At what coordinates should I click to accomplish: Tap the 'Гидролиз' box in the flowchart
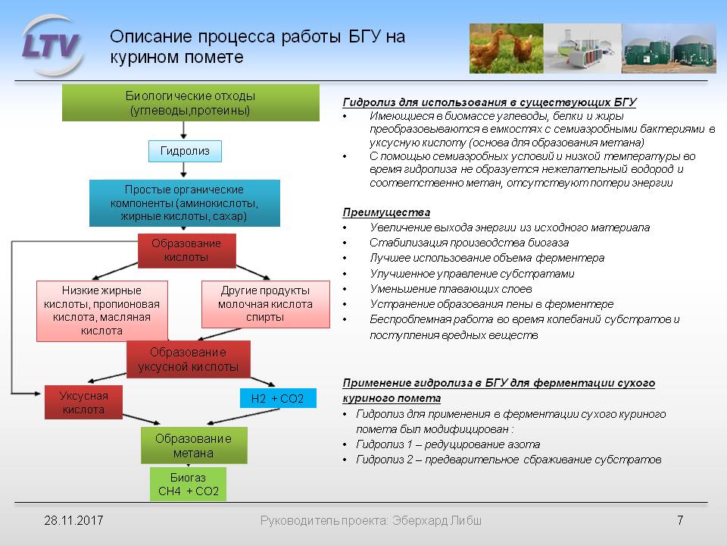pyautogui.click(x=185, y=151)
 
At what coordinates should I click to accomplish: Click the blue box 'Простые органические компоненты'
pyautogui.click(x=185, y=202)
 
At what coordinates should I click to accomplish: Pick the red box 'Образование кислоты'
pyautogui.click(x=186, y=249)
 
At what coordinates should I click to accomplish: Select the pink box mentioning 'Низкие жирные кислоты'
pyautogui.click(x=102, y=311)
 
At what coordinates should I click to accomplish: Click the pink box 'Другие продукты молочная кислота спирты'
pyautogui.click(x=266, y=304)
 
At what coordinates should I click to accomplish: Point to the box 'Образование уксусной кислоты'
pyautogui.click(x=188, y=359)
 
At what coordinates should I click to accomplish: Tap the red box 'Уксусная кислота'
pyautogui.click(x=84, y=403)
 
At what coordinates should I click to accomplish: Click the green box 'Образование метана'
pyautogui.click(x=194, y=446)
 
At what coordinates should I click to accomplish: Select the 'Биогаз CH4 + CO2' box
pyautogui.click(x=188, y=485)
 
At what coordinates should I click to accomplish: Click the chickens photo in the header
pyautogui.click(x=505, y=48)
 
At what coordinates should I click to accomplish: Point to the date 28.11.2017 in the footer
pyautogui.click(x=73, y=521)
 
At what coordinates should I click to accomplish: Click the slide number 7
pyautogui.click(x=680, y=521)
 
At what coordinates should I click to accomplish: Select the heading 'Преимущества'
pyautogui.click(x=386, y=212)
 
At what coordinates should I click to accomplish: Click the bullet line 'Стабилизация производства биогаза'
pyautogui.click(x=469, y=243)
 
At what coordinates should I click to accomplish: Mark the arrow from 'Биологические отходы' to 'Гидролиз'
pyautogui.click(x=185, y=130)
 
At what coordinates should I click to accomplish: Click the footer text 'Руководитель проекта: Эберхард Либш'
pyautogui.click(x=370, y=521)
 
